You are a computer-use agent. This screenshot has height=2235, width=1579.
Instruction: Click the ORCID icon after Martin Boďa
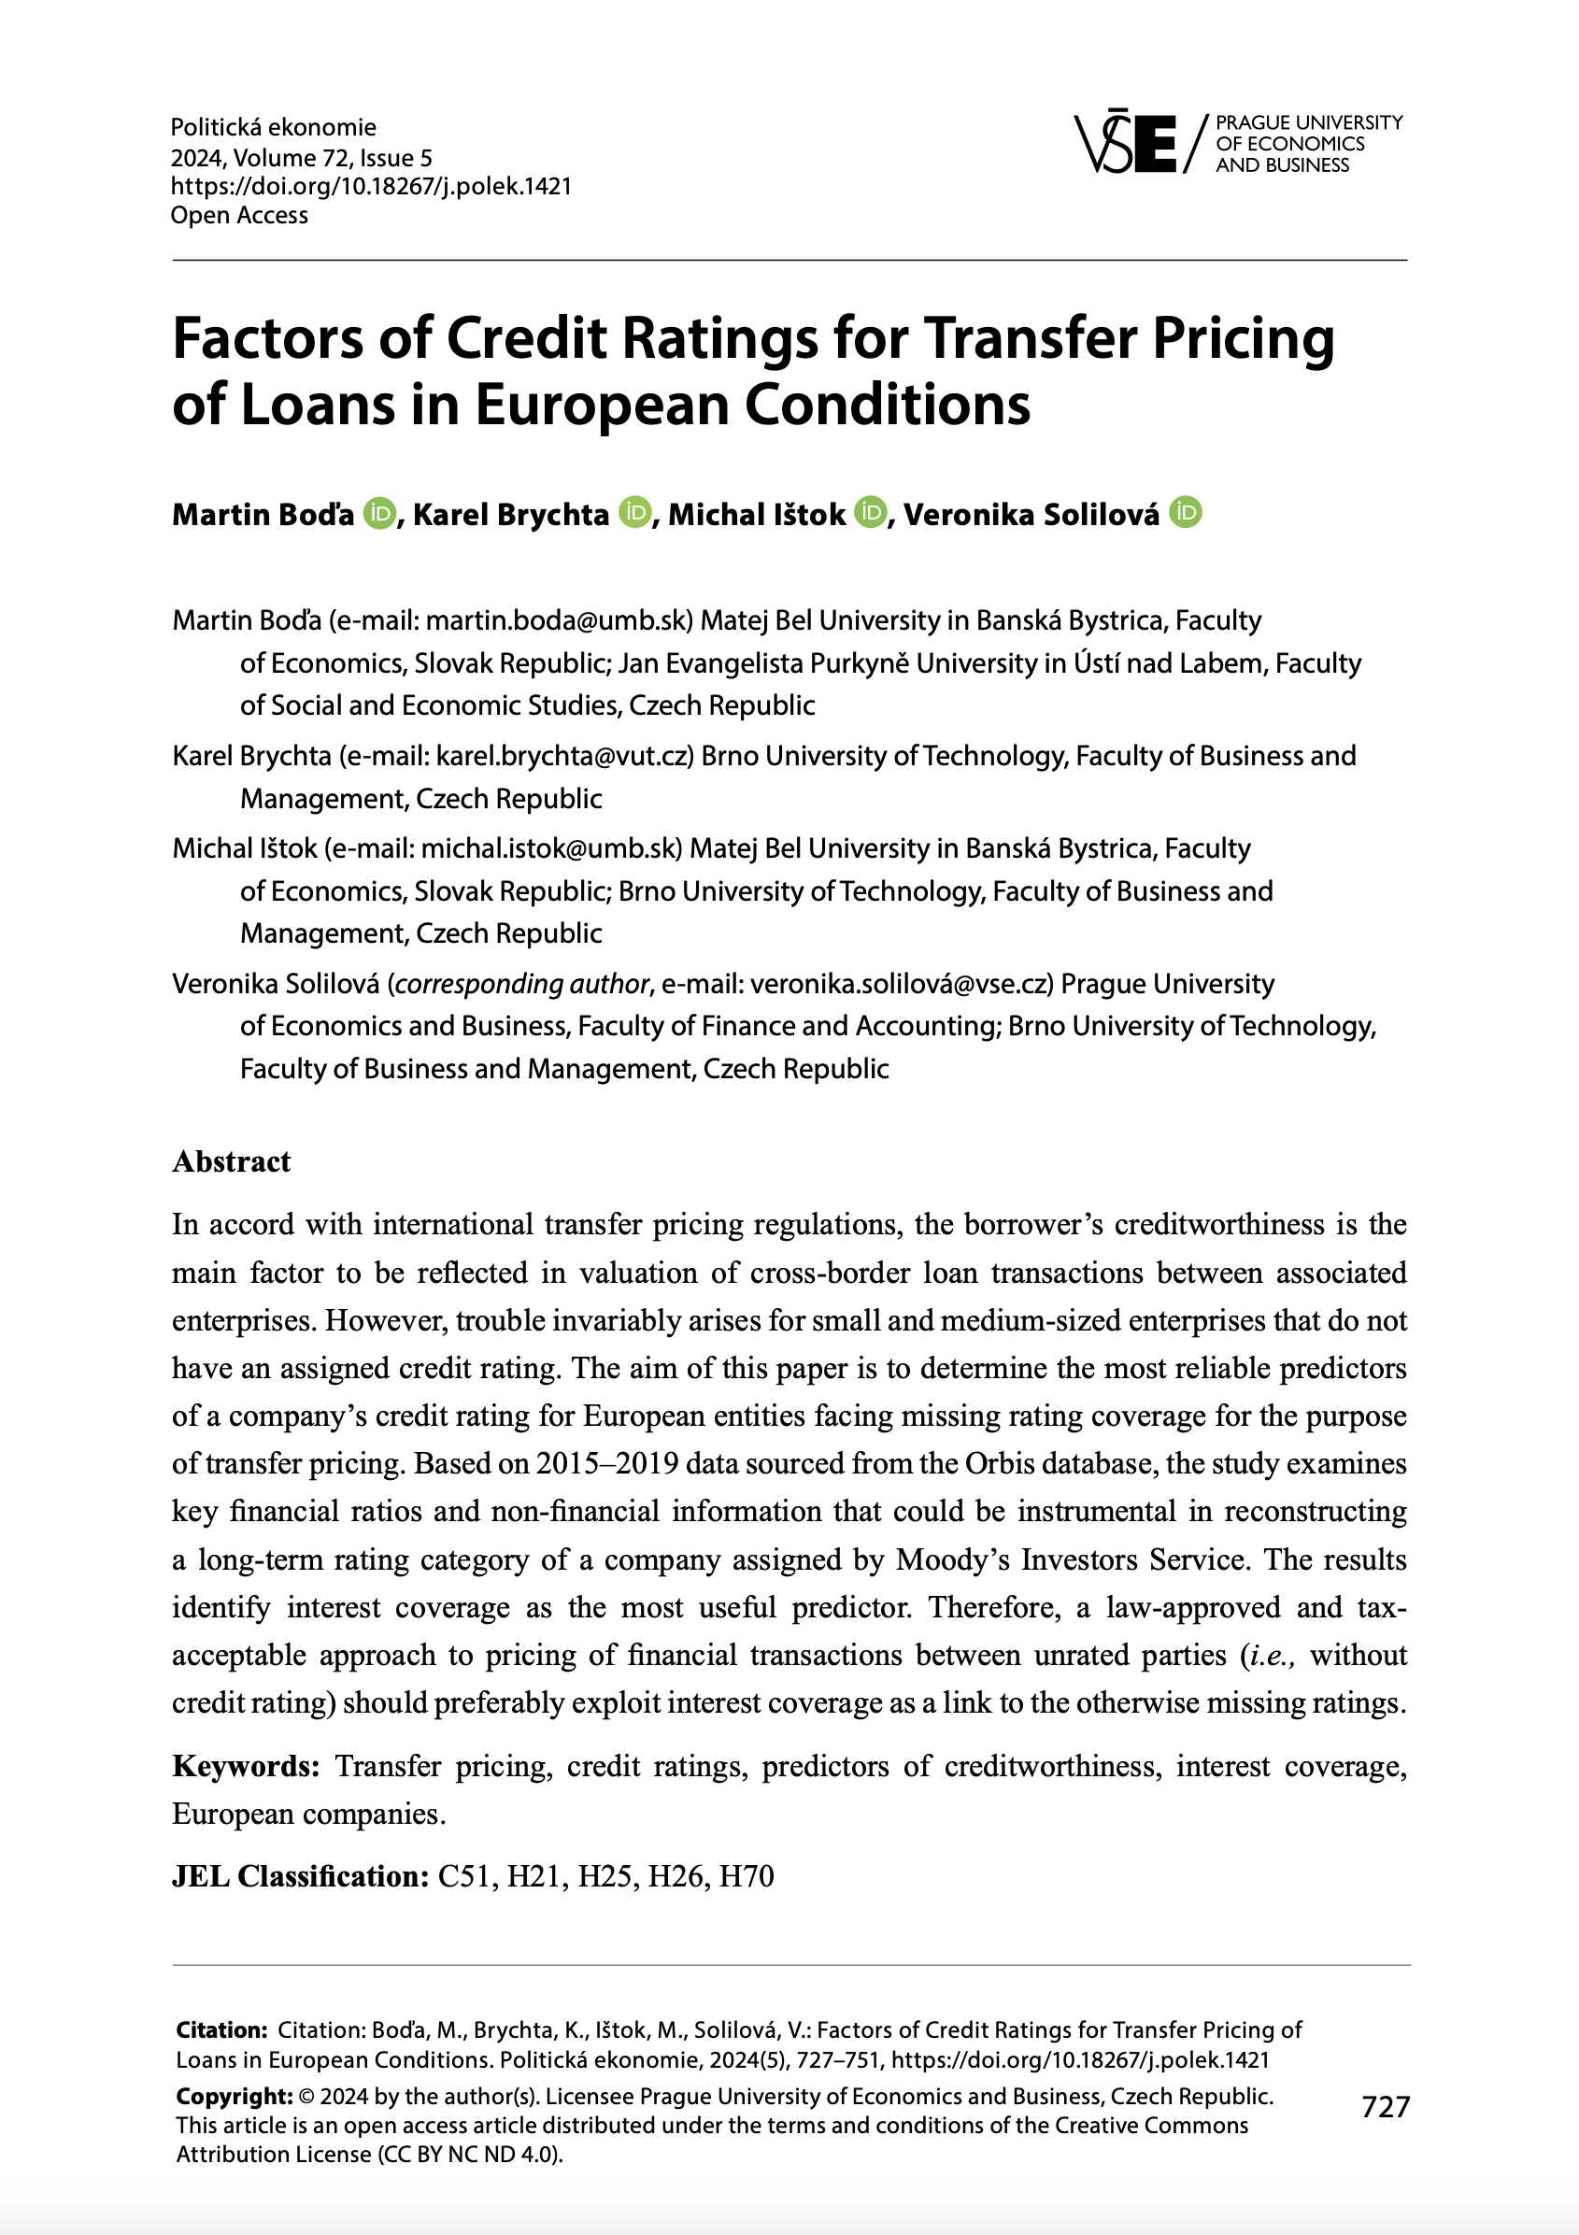tap(379, 512)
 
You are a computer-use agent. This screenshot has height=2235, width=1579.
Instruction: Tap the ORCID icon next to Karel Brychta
tap(634, 512)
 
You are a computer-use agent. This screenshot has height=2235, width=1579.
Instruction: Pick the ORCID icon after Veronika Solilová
tap(1186, 512)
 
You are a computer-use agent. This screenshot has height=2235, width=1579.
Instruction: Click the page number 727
tap(1386, 2106)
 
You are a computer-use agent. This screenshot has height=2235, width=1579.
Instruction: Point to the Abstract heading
tap(231, 1161)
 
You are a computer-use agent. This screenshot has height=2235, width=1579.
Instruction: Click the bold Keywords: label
tap(246, 1766)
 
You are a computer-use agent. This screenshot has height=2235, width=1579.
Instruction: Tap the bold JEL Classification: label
tap(300, 1876)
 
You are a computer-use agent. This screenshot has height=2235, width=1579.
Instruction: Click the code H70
tap(746, 1876)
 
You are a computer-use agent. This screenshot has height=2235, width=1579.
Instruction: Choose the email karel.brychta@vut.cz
tap(563, 755)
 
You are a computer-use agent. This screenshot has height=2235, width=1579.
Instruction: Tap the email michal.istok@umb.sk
tap(550, 847)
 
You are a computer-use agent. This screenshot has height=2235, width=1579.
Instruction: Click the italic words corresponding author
tap(521, 983)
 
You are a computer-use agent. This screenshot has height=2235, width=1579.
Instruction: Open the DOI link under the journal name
tap(371, 186)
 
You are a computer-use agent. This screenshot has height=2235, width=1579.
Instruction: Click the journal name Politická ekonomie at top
tap(274, 127)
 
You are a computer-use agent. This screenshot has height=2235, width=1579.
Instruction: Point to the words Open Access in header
tap(239, 215)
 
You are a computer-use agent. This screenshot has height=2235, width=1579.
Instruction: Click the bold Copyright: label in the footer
tap(234, 2096)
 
